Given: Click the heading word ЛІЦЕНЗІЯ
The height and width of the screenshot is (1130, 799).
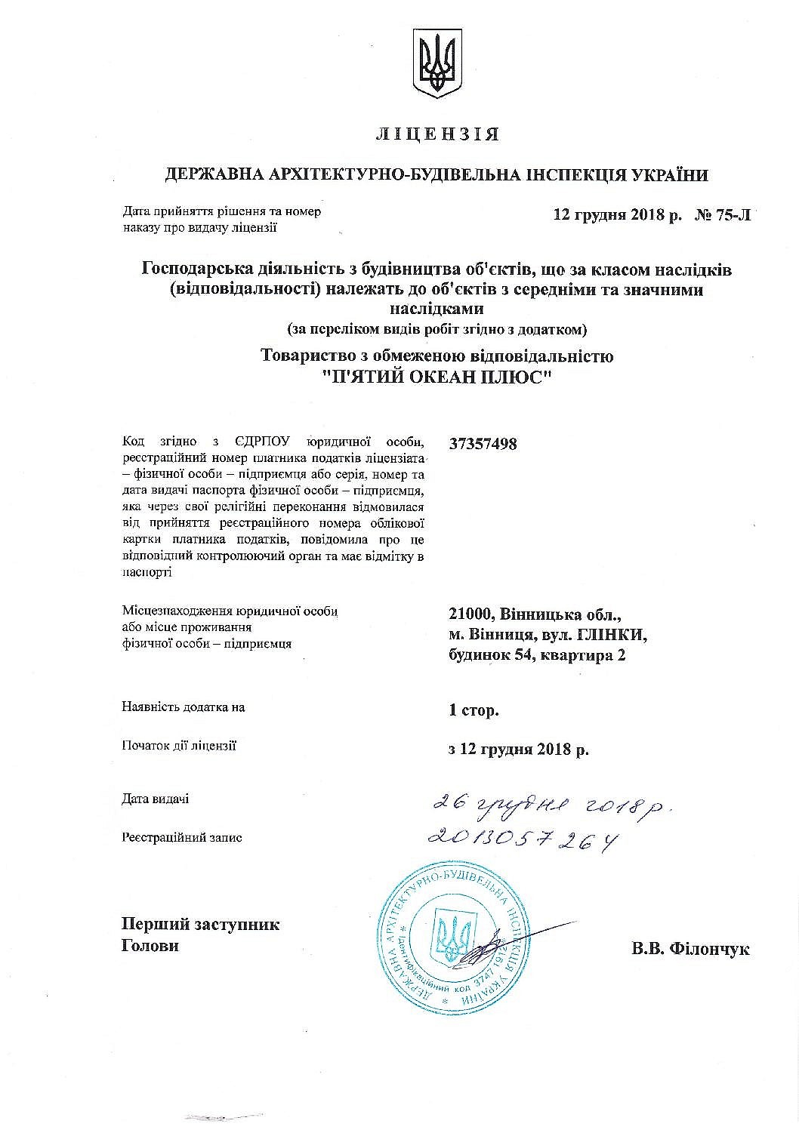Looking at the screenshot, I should [x=437, y=135].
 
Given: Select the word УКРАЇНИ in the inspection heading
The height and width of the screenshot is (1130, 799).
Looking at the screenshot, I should [x=666, y=176].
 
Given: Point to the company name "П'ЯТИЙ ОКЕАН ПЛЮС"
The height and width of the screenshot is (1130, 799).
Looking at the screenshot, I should [x=437, y=377].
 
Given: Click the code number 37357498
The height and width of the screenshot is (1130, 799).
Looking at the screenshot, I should [x=483, y=444].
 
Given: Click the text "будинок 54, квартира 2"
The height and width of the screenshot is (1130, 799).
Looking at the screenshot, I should [x=536, y=655].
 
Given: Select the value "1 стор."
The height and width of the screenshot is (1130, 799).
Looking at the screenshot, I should [x=473, y=710].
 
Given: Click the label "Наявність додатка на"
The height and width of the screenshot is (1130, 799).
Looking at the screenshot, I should [x=183, y=707].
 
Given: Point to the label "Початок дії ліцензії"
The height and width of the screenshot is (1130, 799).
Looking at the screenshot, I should [x=179, y=746].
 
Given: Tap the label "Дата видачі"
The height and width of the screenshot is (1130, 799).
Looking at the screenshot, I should [x=155, y=799].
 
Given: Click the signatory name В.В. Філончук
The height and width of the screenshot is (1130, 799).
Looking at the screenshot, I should [x=690, y=950].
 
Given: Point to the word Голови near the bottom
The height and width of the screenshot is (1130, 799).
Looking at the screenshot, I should [x=150, y=946].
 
